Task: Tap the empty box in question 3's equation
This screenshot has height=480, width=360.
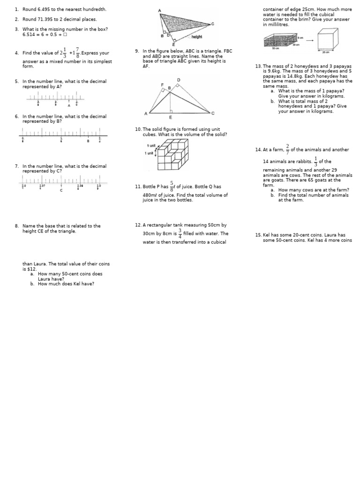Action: pyautogui.click(x=65, y=34)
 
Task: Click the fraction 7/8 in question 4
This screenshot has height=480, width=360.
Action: pyautogui.click(x=77, y=53)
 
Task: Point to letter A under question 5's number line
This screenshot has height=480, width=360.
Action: pyautogui.click(x=69, y=105)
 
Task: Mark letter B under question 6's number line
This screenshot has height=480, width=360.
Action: pyautogui.click(x=88, y=141)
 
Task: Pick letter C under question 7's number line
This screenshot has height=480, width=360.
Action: pyautogui.click(x=61, y=190)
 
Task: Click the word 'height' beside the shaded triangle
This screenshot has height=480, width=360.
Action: pyautogui.click(x=197, y=37)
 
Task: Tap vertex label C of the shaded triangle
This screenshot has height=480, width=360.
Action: pyautogui.click(x=213, y=24)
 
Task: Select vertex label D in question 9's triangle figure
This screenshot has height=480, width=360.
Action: pyautogui.click(x=178, y=80)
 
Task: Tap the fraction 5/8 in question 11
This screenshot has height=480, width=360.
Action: pyautogui.click(x=172, y=186)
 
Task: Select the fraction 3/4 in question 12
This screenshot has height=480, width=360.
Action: pyautogui.click(x=180, y=233)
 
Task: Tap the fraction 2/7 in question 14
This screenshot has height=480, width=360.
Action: pyautogui.click(x=287, y=149)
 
